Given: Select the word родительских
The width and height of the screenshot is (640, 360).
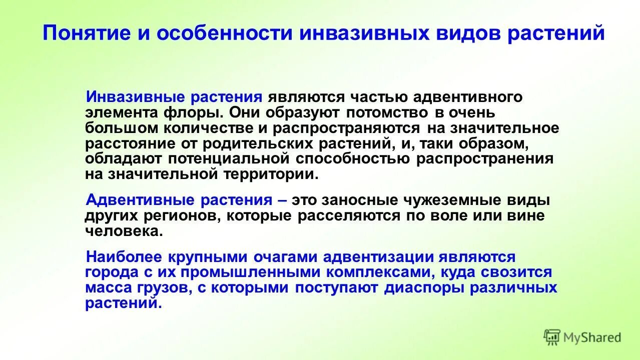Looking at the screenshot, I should click(x=260, y=143).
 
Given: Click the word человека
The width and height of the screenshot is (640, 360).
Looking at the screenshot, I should click(x=124, y=231).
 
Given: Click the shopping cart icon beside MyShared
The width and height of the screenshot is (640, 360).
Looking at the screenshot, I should click(x=552, y=337).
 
